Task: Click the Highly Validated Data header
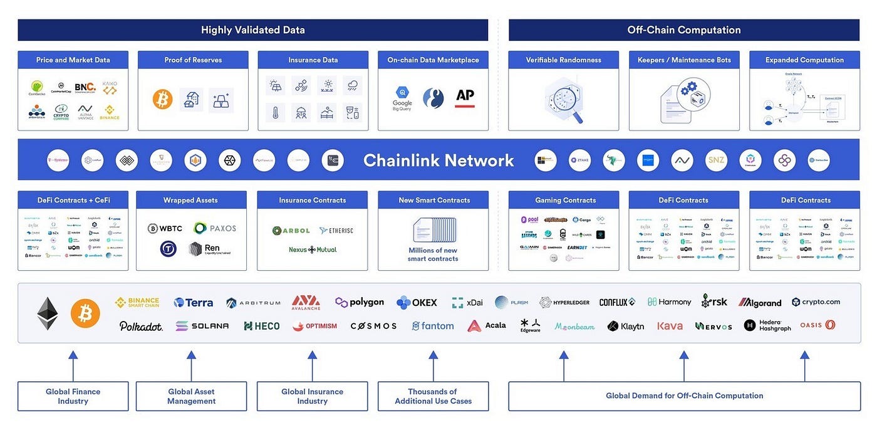252,30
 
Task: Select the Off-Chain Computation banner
683,30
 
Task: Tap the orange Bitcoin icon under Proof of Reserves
162,99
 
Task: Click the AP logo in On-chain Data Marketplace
465,97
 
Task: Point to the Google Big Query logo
402,98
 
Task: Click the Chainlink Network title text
438,160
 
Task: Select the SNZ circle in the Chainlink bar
715,160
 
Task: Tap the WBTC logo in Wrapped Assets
165,228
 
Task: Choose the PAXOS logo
215,228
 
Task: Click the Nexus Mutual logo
313,249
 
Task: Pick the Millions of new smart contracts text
433,254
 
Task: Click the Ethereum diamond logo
48,313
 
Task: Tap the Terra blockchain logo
193,303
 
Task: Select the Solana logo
202,326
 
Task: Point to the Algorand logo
760,303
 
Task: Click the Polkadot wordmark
141,326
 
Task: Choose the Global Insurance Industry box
312,396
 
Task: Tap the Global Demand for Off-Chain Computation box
684,396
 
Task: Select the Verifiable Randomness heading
564,60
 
